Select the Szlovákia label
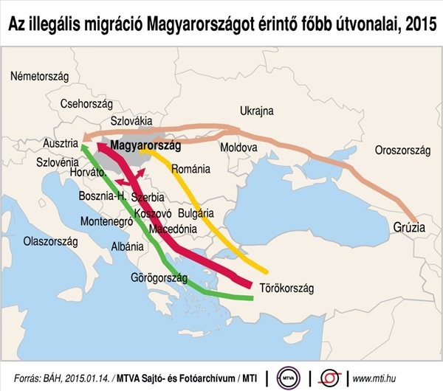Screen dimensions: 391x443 (131, 120)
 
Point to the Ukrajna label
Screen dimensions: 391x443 (256, 111)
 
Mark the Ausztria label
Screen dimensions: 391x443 (61, 142)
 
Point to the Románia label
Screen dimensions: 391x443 (190, 170)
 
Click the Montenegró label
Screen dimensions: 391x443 (105, 221)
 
